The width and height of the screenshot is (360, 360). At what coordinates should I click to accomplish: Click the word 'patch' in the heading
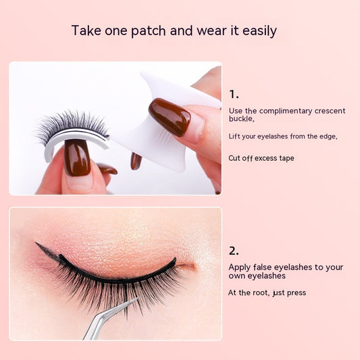(x=149, y=31)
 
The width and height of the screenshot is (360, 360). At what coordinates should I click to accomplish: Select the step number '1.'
(x=234, y=94)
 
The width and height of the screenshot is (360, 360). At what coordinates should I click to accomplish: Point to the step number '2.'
(x=234, y=251)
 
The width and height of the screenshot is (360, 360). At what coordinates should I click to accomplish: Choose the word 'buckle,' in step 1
(x=242, y=119)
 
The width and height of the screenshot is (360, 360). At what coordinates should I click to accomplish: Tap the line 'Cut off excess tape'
(x=261, y=158)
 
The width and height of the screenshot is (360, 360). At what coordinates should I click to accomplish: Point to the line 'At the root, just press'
(x=267, y=292)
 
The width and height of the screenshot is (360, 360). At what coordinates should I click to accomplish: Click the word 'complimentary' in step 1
(x=286, y=111)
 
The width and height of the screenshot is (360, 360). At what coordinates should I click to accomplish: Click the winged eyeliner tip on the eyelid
(x=36, y=242)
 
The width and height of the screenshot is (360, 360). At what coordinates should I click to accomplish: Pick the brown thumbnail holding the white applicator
(x=170, y=116)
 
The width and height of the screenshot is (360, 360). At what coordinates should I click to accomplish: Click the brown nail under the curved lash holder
(x=77, y=157)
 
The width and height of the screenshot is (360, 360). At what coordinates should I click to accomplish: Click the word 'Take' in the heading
(x=86, y=30)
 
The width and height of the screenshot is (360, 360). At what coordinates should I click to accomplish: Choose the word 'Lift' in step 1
(x=234, y=136)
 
